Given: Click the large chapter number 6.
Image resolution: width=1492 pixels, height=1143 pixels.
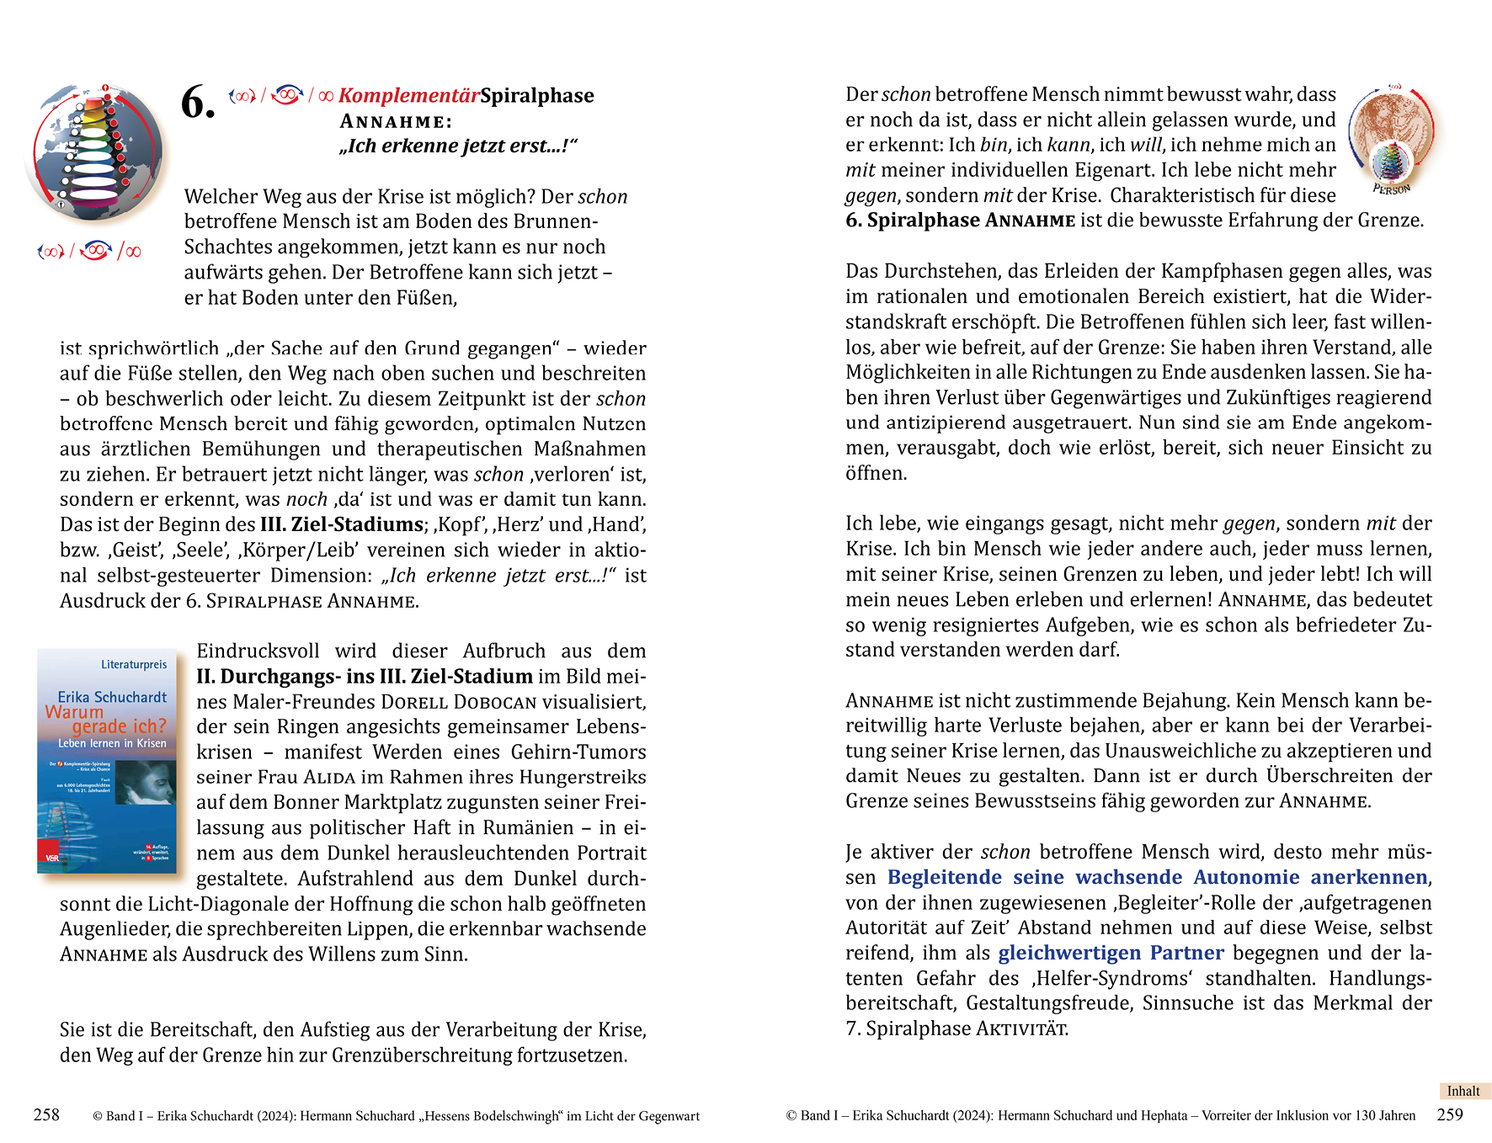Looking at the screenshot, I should pyautogui.click(x=198, y=104).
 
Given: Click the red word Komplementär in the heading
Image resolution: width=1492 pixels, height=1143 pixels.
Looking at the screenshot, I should pyautogui.click(x=409, y=96).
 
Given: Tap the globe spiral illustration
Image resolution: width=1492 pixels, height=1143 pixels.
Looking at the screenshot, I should pyautogui.click(x=94, y=152).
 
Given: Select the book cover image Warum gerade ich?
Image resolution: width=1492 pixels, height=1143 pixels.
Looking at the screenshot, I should pyautogui.click(x=107, y=760).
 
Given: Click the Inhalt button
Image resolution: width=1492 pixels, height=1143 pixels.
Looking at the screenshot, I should pyautogui.click(x=1463, y=1091).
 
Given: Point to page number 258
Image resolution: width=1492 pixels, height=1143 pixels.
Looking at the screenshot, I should pyautogui.click(x=46, y=1115).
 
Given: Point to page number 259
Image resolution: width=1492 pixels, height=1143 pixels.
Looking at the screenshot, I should pyautogui.click(x=1450, y=1115).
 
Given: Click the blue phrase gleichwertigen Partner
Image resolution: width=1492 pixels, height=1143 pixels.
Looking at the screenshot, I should pyautogui.click(x=1111, y=953).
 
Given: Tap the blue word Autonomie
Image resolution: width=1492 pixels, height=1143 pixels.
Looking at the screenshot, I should pyautogui.click(x=1246, y=877).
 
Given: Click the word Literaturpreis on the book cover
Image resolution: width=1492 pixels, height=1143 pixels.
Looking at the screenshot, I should pyautogui.click(x=134, y=665).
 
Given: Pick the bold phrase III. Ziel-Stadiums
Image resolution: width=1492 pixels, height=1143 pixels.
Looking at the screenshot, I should pyautogui.click(x=341, y=525).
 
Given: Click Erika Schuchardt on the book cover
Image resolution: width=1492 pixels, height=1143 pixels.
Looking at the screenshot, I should pyautogui.click(x=112, y=697).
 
